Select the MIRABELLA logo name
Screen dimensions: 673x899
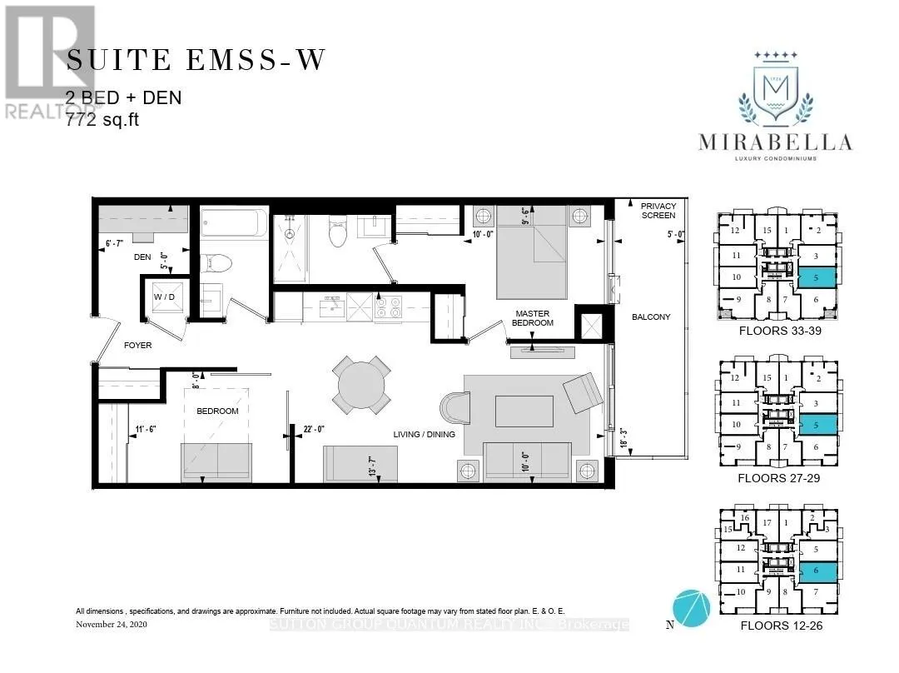[x=776, y=142]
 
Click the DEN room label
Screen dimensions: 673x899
[x=142, y=257]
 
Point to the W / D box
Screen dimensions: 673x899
[x=163, y=297]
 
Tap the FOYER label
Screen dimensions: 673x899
[x=138, y=345]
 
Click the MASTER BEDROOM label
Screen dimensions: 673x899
[x=534, y=317]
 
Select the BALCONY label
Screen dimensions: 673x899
[x=650, y=317]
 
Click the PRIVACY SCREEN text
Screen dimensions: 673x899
[x=658, y=210]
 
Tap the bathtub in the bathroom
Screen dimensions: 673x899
[x=235, y=225]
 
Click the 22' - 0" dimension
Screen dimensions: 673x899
[x=319, y=431]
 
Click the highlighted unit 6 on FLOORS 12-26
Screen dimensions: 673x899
[x=819, y=571]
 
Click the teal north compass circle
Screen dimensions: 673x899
[x=693, y=608]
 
